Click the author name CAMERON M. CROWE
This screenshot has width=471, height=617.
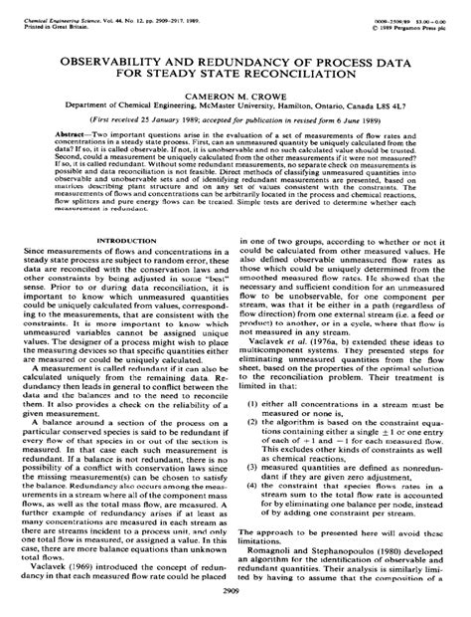coord(235,99)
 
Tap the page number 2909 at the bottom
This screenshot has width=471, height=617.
coord(235,589)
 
